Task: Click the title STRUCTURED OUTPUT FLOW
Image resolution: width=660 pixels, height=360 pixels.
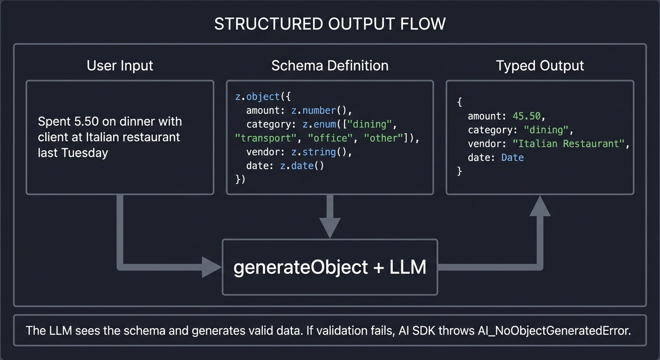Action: click(330, 24)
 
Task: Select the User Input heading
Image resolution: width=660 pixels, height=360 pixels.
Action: click(120, 66)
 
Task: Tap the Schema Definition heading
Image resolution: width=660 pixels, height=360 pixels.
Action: click(330, 66)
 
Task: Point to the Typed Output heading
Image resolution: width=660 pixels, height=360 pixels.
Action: click(540, 66)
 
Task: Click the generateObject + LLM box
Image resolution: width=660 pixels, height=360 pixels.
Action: click(330, 267)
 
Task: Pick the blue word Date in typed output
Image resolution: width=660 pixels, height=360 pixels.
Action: click(512, 157)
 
